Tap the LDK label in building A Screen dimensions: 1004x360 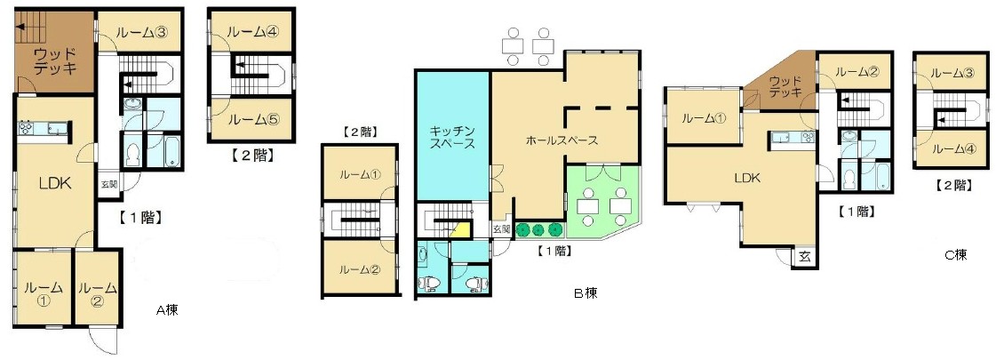(x=54, y=182)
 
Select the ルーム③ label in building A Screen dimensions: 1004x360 (x=142, y=32)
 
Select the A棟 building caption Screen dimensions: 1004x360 (x=168, y=311)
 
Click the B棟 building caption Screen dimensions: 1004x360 (x=586, y=294)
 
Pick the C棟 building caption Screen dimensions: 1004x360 (x=955, y=255)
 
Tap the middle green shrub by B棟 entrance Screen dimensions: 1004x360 (x=538, y=229)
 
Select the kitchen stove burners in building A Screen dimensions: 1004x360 (x=28, y=128)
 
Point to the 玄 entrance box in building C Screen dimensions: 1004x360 (x=805, y=257)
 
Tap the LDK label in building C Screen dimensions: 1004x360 (x=747, y=178)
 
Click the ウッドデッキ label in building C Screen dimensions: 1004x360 (x=785, y=86)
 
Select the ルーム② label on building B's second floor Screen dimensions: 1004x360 (x=359, y=269)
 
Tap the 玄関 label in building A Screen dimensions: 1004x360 (x=109, y=184)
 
